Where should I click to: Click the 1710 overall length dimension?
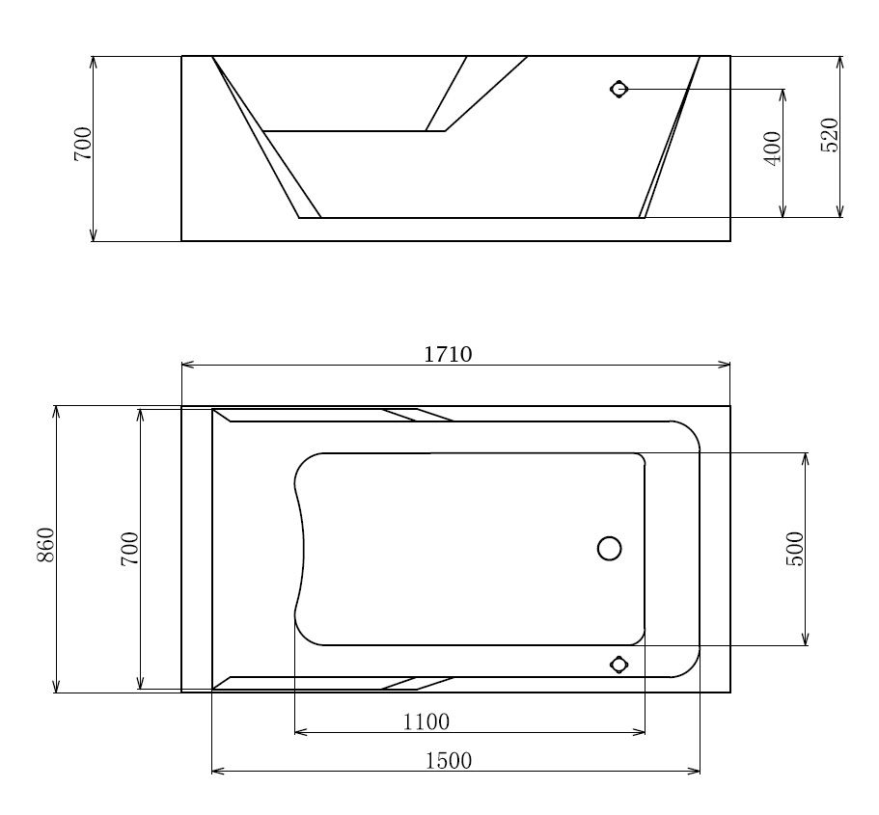[448, 355]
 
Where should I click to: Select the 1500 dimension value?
[449, 761]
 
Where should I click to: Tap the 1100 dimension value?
[426, 722]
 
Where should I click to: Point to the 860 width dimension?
[45, 545]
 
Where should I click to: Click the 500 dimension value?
[794, 549]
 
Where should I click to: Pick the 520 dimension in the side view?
[829, 135]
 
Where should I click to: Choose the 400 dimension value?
[773, 149]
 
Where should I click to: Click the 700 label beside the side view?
[82, 144]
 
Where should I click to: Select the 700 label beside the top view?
[129, 549]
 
